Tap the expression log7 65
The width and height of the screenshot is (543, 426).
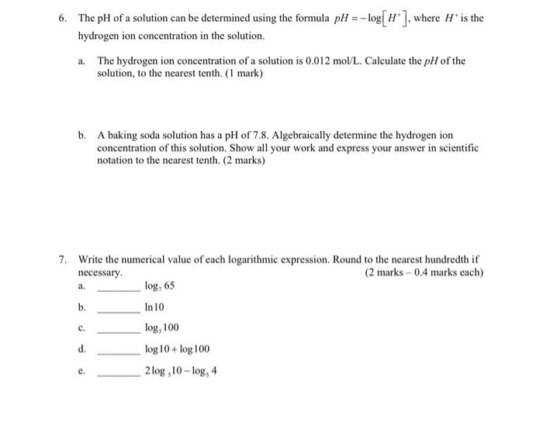(160, 286)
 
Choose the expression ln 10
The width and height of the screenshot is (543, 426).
(156, 307)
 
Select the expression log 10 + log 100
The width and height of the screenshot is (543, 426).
(177, 349)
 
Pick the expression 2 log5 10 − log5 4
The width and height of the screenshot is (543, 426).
(181, 371)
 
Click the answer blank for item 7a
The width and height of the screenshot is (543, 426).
(118, 289)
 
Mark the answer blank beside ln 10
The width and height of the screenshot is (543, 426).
(118, 310)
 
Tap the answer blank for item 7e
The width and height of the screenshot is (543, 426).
(118, 374)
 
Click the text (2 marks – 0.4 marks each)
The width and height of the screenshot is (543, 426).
(424, 272)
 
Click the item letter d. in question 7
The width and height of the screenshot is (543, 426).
(82, 349)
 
